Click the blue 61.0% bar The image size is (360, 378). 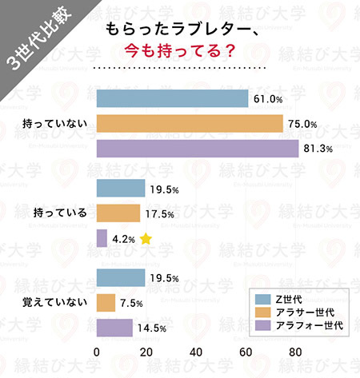click(172, 98)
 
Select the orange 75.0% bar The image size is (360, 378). click(190, 124)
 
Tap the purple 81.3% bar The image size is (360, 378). click(198, 149)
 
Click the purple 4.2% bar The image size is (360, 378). click(102, 238)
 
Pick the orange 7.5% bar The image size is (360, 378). click(106, 303)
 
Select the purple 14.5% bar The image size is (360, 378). click(114, 328)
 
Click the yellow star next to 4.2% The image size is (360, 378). click(146, 238)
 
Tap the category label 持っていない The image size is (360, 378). click(50, 125)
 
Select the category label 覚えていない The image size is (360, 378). click(50, 303)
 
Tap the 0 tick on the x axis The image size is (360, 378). click(97, 352)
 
